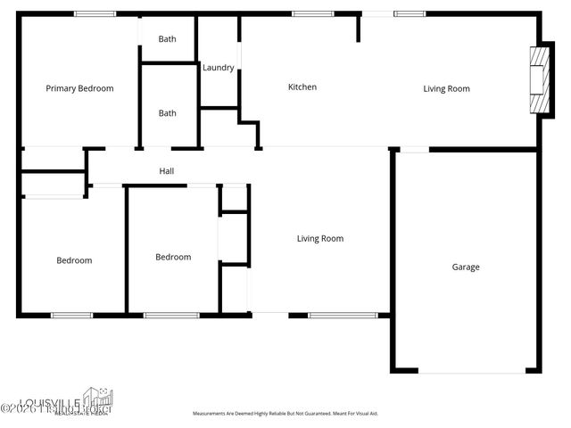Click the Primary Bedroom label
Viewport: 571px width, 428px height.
click(x=79, y=88)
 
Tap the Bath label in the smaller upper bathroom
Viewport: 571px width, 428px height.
click(x=168, y=39)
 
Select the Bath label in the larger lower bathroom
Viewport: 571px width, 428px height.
click(x=168, y=113)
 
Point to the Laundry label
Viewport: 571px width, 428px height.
click(x=219, y=68)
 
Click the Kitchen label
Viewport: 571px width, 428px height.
click(x=302, y=87)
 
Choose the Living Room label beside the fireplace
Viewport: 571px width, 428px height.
click(x=446, y=88)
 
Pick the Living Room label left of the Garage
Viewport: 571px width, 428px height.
click(x=320, y=239)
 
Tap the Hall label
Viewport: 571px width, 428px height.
click(x=167, y=171)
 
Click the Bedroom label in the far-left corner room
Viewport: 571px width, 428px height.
click(x=74, y=260)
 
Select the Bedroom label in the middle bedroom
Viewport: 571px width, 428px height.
click(x=173, y=258)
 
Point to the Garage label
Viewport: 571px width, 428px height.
click(x=466, y=267)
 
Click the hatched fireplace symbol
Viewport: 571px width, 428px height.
click(x=537, y=80)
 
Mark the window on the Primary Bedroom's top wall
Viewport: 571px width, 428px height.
click(x=94, y=13)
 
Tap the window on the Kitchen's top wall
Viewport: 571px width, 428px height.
click(x=313, y=13)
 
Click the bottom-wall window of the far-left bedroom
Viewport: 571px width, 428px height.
click(x=71, y=315)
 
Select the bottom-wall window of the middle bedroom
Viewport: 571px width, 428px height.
click(x=171, y=315)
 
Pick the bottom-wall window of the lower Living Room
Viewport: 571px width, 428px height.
click(x=343, y=315)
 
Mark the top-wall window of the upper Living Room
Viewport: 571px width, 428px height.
click(x=409, y=13)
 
